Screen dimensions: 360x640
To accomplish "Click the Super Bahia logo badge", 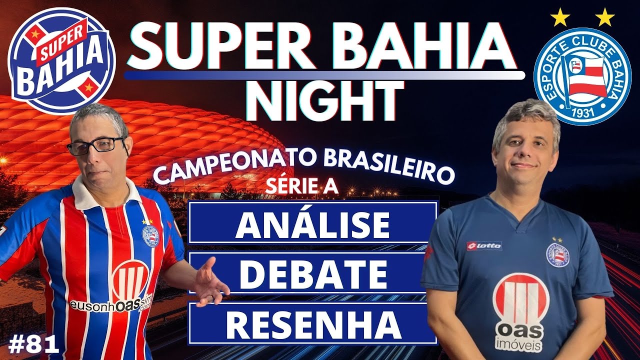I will click(61, 61).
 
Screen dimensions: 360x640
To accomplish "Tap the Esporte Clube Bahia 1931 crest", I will click(582, 76).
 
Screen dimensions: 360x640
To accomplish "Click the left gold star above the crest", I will click(559, 17).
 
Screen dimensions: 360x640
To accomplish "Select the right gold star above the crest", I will click(605, 17).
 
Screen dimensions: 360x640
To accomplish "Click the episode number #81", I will click(34, 344).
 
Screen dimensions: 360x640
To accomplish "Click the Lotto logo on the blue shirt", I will click(483, 245).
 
